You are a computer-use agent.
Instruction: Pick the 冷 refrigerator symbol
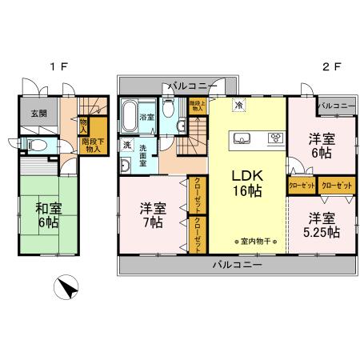[238, 104]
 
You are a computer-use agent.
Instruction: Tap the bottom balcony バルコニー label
[238, 265]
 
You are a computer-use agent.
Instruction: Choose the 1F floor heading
[58, 68]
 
